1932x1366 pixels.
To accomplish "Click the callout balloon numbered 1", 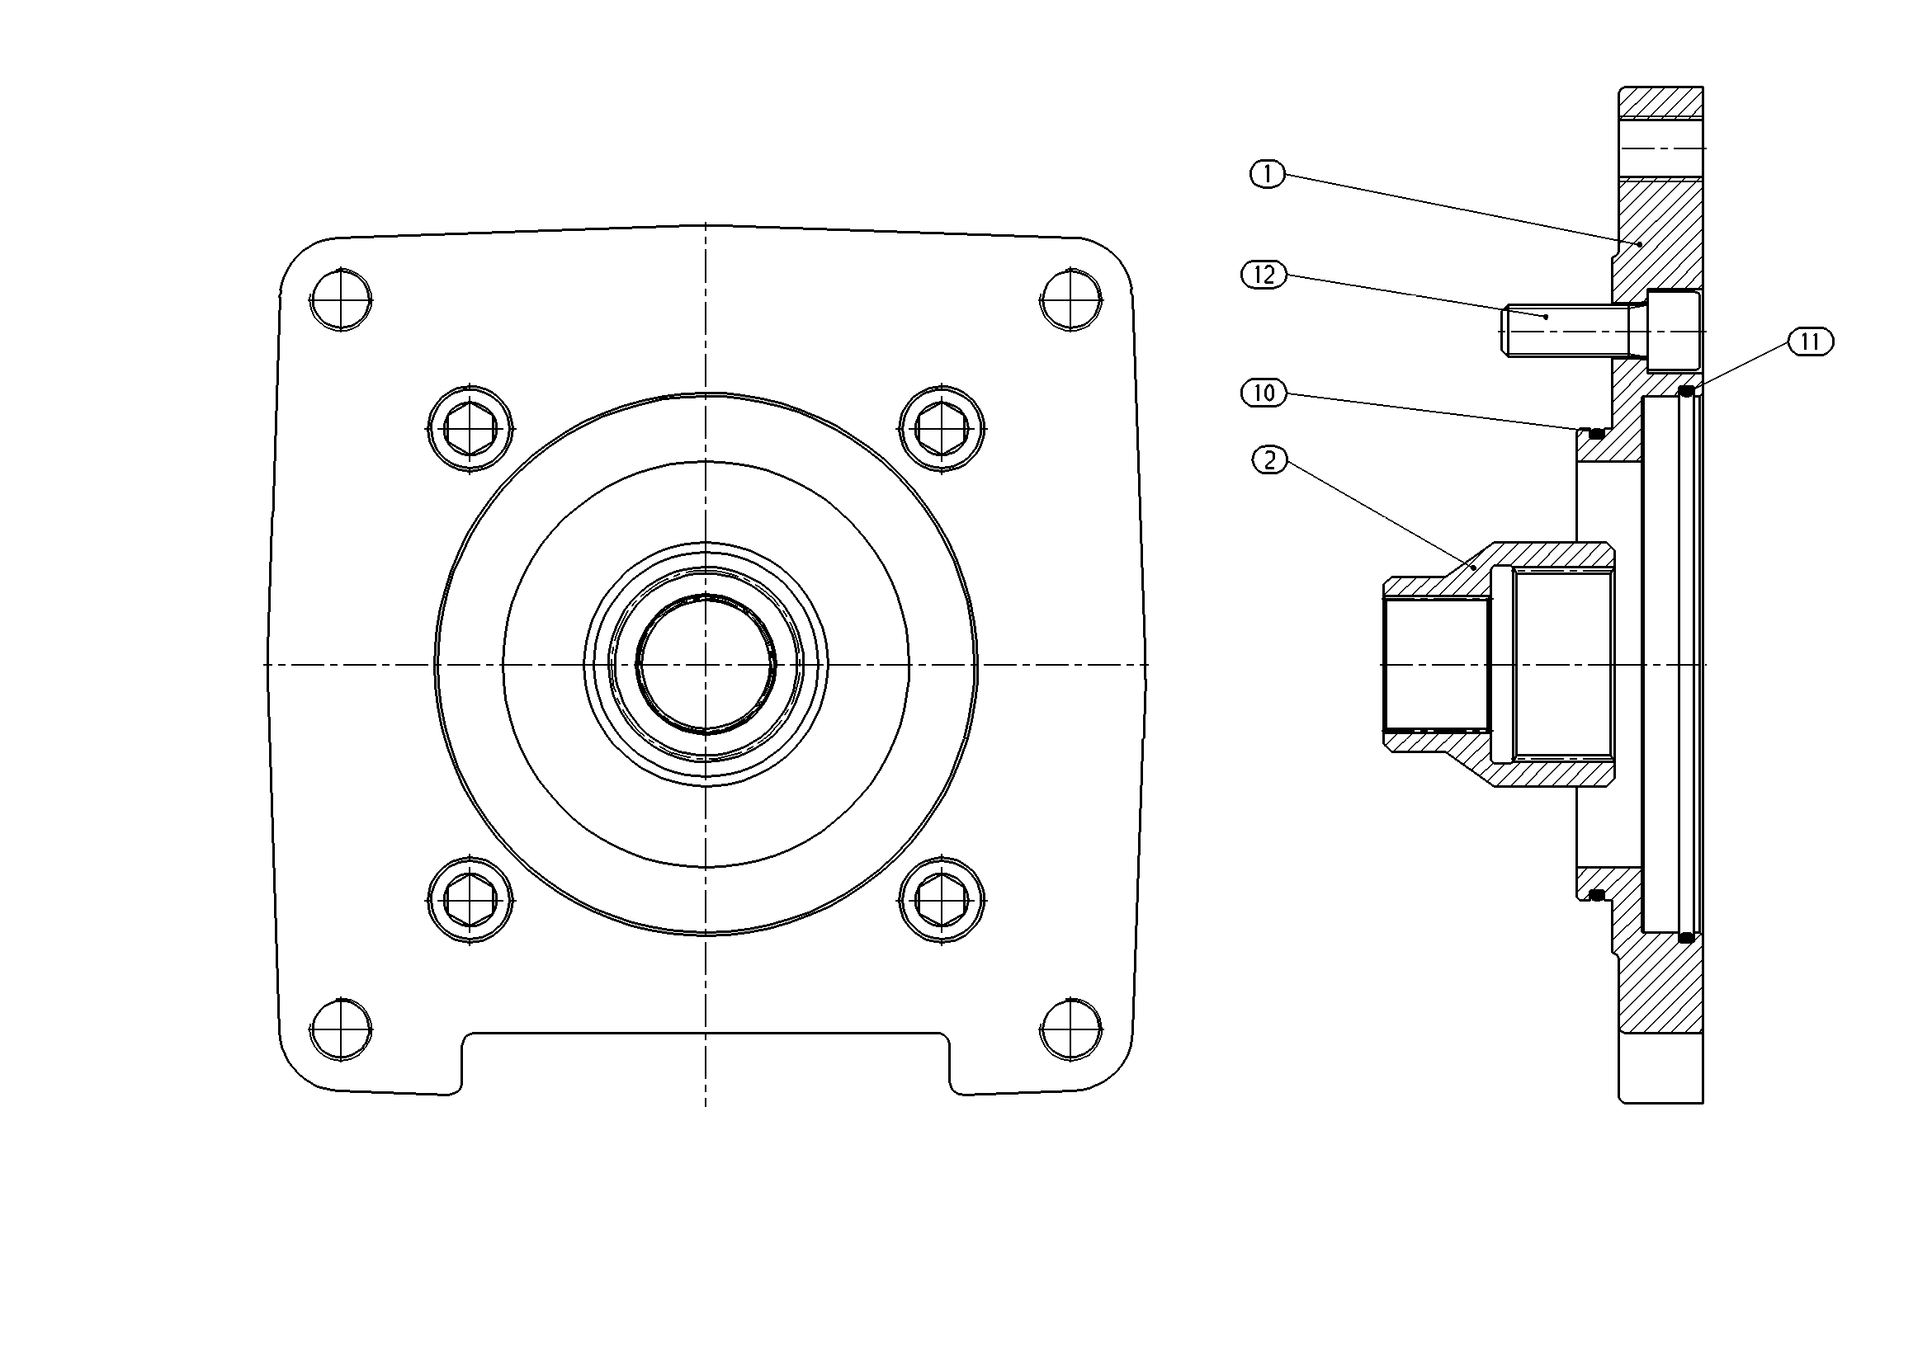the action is (x=1268, y=174).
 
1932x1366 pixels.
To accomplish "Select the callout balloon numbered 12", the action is (x=1264, y=275).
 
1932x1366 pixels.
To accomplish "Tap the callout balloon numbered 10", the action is (x=1264, y=393).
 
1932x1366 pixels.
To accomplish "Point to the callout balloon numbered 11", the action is (x=1811, y=341).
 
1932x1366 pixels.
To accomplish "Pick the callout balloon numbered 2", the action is (x=1270, y=460).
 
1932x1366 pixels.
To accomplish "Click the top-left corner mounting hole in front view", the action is (x=342, y=299).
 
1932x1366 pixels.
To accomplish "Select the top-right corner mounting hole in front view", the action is (x=1071, y=299).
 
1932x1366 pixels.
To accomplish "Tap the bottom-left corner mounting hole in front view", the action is (x=342, y=1029).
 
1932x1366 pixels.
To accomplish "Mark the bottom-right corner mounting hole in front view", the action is (x=1071, y=1029).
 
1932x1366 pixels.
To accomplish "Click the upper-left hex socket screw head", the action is (x=470, y=429).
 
